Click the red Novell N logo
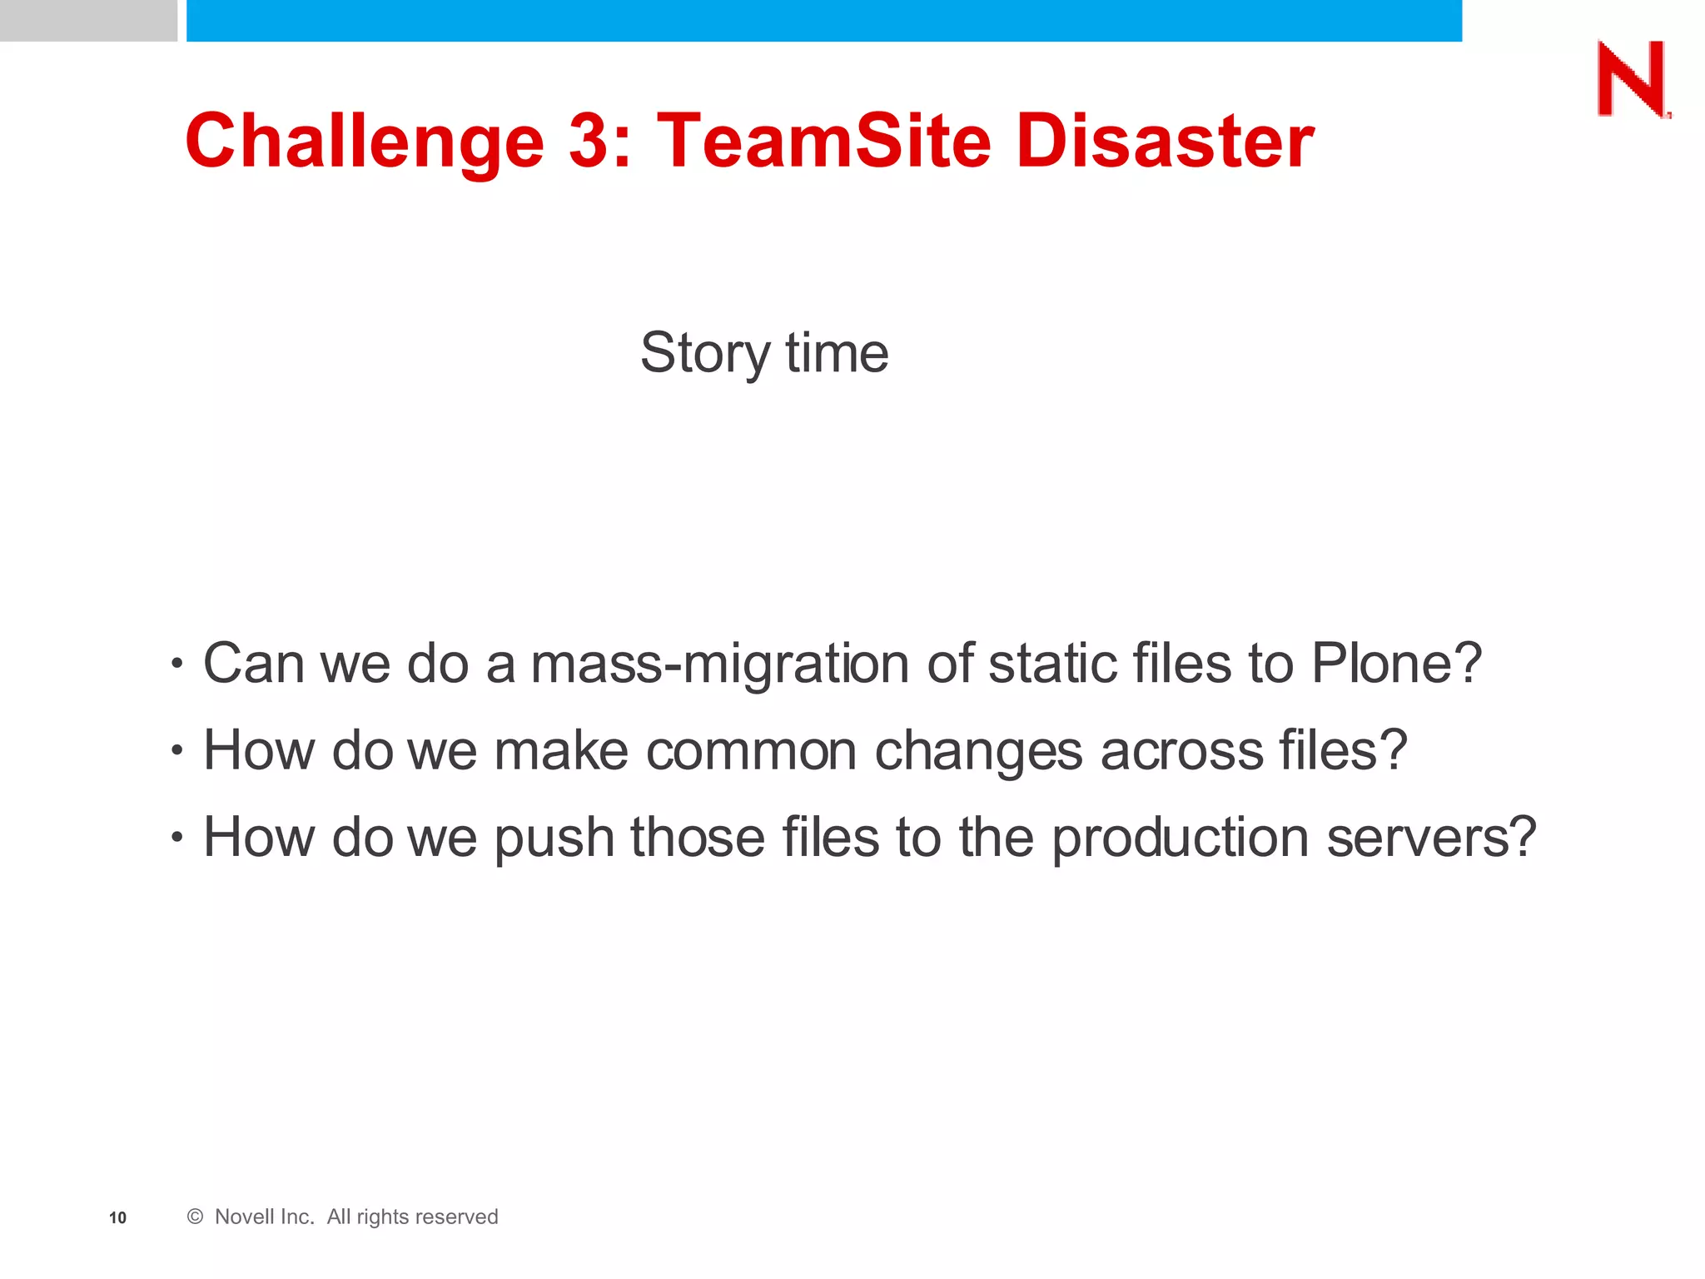click(1633, 79)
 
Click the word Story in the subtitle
click(705, 353)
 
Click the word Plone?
click(1396, 664)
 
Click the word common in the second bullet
click(751, 751)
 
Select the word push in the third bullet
click(554, 839)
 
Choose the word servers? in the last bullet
click(1431, 837)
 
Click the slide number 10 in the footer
click(117, 1218)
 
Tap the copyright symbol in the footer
click(195, 1217)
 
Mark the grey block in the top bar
click(88, 20)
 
